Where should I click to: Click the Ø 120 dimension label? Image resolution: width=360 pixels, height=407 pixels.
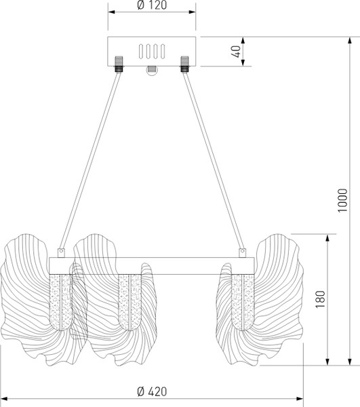point(152,5)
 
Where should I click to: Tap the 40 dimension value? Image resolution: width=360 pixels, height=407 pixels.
point(236,52)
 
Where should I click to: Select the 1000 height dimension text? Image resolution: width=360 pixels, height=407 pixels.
point(342,200)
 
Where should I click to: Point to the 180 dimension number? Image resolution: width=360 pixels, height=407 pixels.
point(320,299)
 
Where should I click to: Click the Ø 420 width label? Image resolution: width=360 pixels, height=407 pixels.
point(152,391)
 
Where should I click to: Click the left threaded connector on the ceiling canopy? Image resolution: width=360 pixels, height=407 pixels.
point(119,64)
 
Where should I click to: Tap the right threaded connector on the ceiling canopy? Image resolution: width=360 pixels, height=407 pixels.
point(184,64)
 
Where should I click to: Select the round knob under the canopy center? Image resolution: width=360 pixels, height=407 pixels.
point(152,71)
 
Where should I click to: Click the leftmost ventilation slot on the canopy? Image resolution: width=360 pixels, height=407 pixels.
point(141,52)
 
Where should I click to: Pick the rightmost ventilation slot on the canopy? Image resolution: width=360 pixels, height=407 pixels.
point(163,52)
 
